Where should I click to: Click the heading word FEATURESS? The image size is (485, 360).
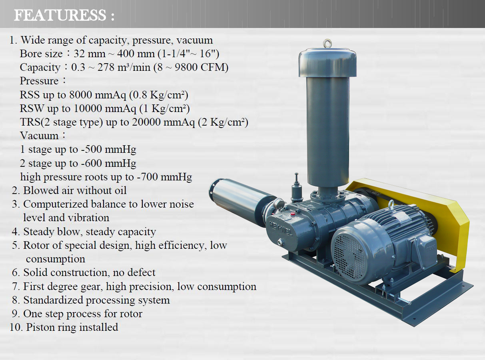pos(60,15)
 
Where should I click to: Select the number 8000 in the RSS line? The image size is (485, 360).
pos(80,95)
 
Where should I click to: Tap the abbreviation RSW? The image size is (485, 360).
pos(32,108)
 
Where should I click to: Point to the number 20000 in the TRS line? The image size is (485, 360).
pos(146,122)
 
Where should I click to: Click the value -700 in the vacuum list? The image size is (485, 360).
pos(148,177)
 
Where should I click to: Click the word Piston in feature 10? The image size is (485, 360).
pos(40,327)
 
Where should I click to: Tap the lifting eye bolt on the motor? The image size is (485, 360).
pos(391,204)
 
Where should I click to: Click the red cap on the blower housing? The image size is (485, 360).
pos(293,214)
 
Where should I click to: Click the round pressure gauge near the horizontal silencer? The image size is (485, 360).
pos(279,204)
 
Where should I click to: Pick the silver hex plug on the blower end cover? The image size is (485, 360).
pos(280,242)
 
